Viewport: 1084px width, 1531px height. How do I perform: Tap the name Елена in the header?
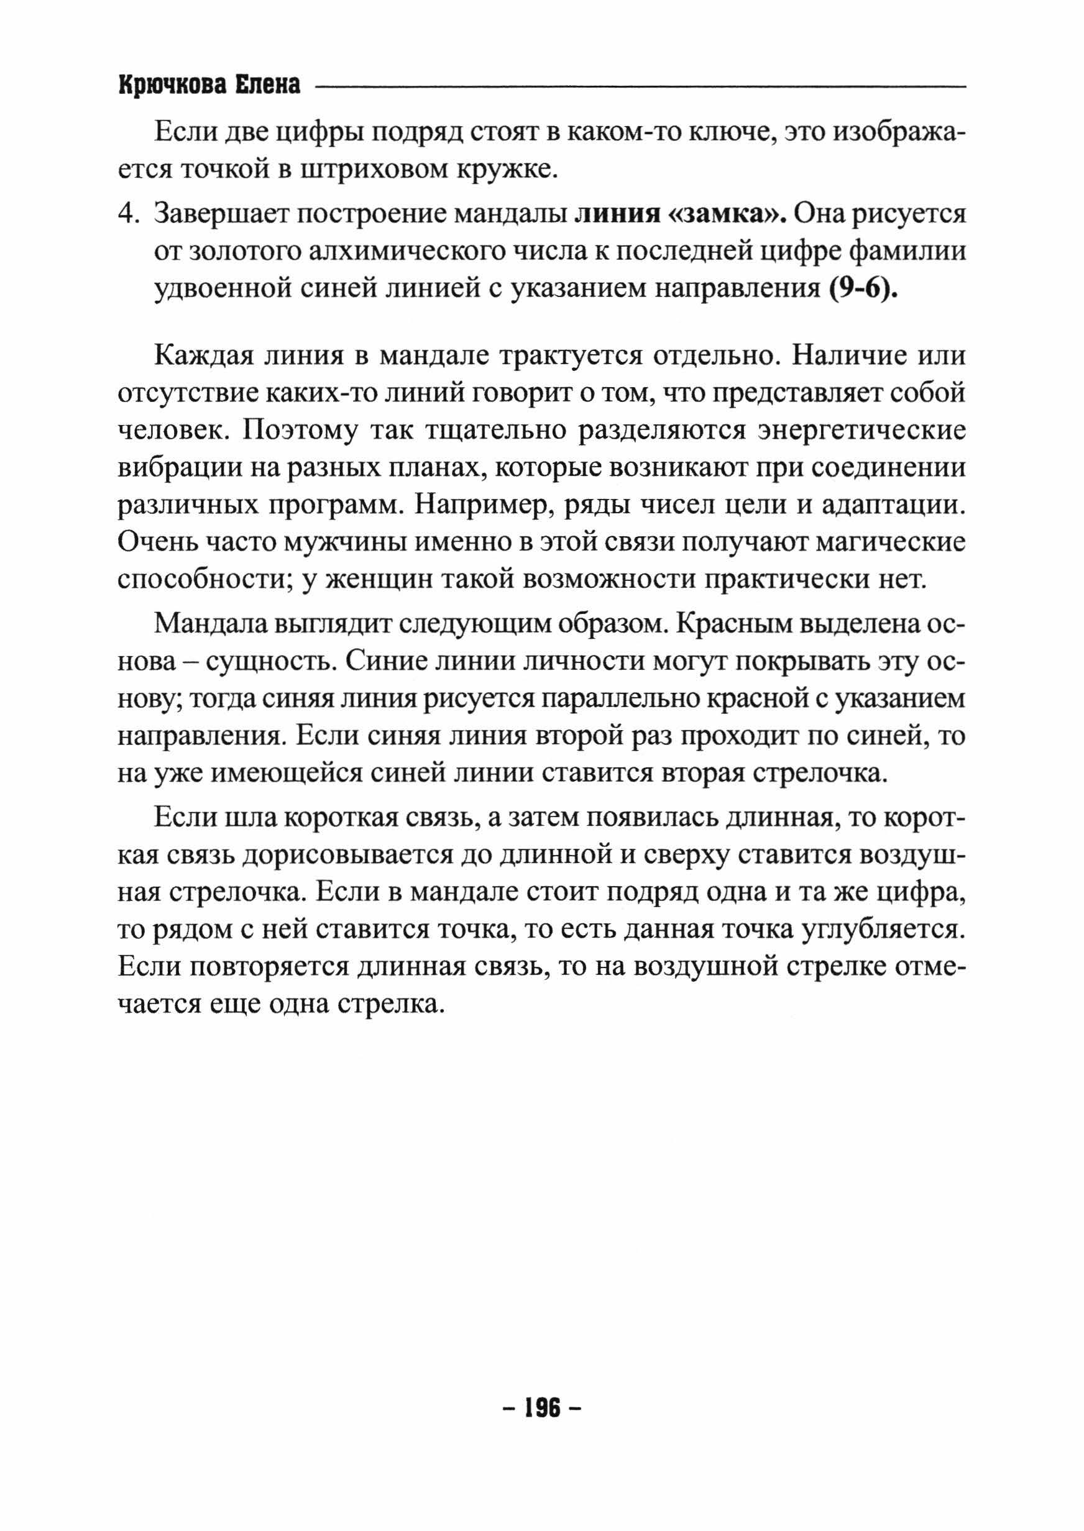tap(267, 86)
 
